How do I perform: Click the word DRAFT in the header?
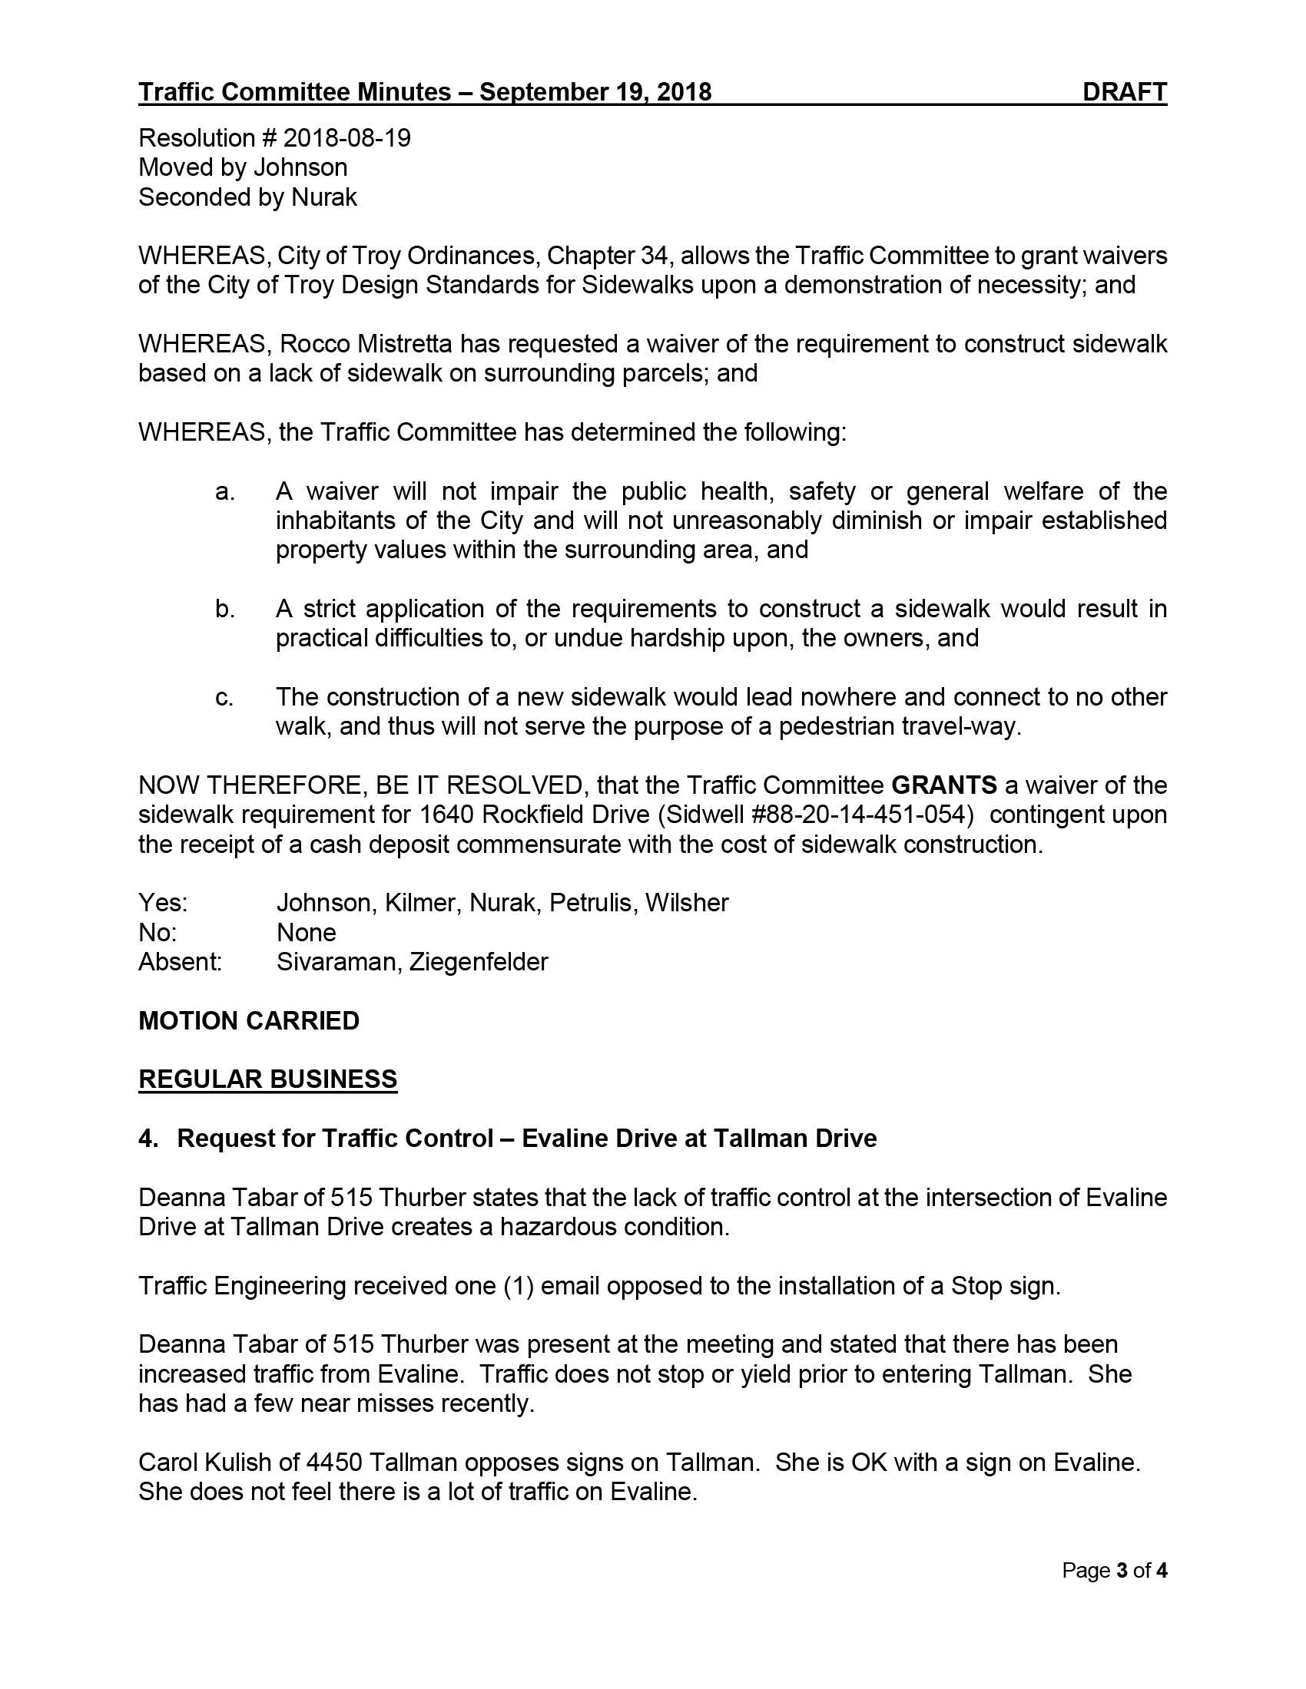[x=1124, y=92]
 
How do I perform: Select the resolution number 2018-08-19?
[x=346, y=137]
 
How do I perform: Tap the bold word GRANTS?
[x=944, y=785]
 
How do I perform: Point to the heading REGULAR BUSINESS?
[x=267, y=1079]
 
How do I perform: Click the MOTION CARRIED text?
[x=248, y=1020]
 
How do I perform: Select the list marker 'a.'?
[x=224, y=491]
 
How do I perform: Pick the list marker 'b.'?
[x=224, y=609]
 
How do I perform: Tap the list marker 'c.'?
[x=224, y=697]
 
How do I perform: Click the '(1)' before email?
[x=519, y=1285]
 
